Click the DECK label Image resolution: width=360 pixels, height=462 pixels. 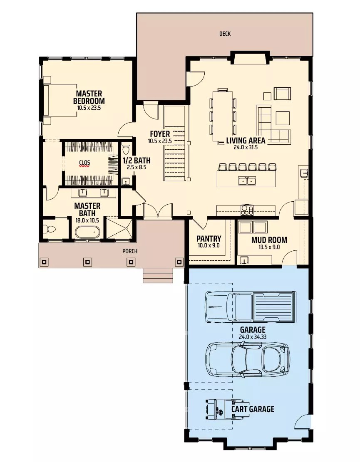pos(225,34)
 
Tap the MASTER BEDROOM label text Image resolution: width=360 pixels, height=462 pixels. pos(89,97)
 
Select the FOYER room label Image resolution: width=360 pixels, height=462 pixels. pos(160,134)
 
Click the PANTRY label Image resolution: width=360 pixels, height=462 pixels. pos(209,239)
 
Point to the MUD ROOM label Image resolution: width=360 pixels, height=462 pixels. pos(269,240)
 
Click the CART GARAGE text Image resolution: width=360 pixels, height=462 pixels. pos(253,409)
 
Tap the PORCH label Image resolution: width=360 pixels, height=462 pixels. pos(129,251)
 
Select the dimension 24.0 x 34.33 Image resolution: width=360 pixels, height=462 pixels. pos(252,337)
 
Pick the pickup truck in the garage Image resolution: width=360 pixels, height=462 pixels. pos(250,307)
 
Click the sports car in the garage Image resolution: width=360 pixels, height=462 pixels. pos(247,359)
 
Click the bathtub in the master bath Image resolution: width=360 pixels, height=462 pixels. pos(87,232)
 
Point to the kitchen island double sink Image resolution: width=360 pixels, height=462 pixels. pos(247,180)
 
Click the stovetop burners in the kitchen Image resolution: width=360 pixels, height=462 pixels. pos(247,210)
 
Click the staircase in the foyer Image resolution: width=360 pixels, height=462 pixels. pos(174,143)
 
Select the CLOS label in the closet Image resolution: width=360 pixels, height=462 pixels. pos(84,162)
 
